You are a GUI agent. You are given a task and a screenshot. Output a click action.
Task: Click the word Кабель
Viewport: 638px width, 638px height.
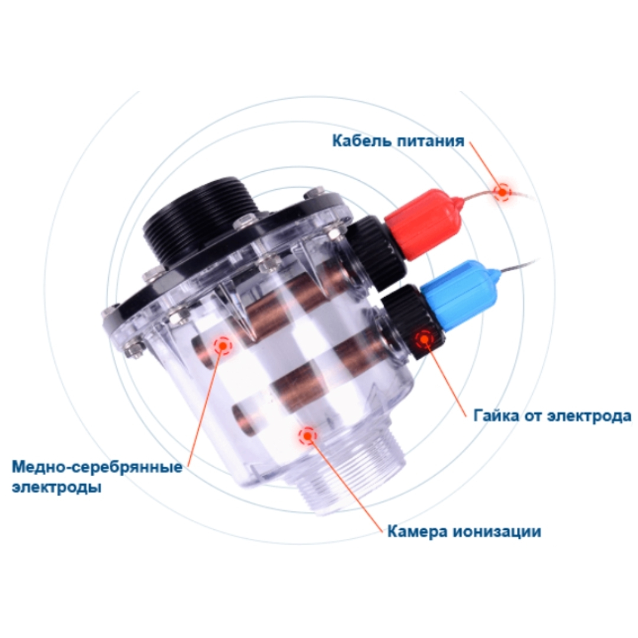362,141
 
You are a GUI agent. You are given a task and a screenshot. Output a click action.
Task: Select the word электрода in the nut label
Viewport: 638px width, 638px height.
589,416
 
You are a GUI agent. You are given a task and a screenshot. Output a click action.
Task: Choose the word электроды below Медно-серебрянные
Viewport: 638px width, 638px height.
56,487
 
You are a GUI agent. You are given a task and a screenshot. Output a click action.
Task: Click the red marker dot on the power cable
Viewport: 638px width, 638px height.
503,191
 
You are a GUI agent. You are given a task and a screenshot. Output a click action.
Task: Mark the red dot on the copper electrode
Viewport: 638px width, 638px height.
222,346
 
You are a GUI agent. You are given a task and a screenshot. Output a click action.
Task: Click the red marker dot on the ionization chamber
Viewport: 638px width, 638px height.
307,436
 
